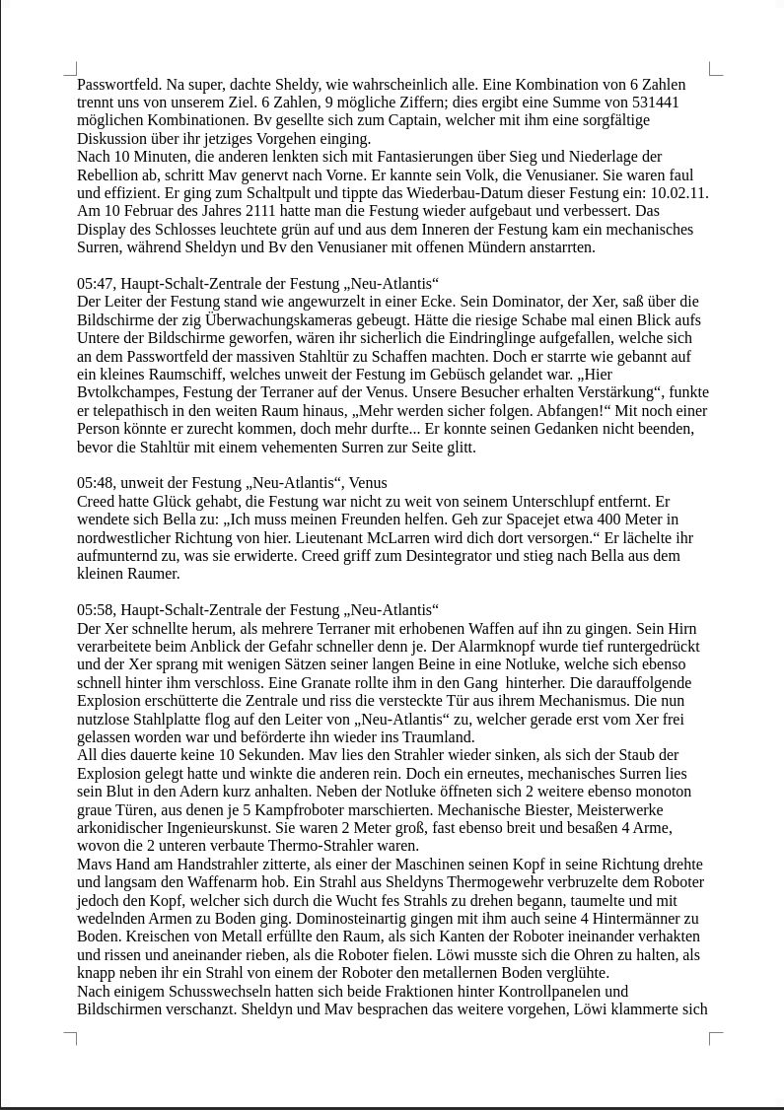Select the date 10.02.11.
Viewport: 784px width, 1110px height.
(678, 193)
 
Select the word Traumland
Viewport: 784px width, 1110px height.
(439, 737)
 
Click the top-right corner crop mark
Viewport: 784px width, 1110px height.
(715, 69)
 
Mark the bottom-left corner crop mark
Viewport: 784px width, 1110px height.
(71, 1037)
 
